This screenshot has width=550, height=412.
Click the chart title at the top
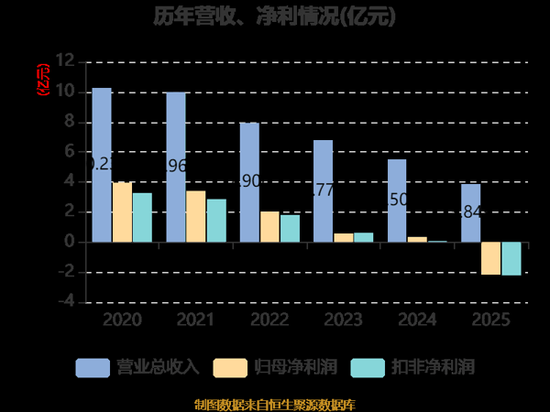tap(275, 16)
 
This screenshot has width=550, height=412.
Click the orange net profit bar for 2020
tap(122, 212)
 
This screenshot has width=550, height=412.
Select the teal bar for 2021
tap(215, 221)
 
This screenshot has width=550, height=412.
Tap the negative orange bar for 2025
tap(490, 258)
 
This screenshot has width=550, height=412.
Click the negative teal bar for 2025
tap(511, 258)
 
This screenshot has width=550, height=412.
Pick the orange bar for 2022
tap(269, 227)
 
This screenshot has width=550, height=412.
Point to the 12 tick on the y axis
tap(64, 61)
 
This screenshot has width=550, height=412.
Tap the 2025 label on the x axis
tap(490, 320)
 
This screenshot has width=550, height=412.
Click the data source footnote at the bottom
tap(275, 404)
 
